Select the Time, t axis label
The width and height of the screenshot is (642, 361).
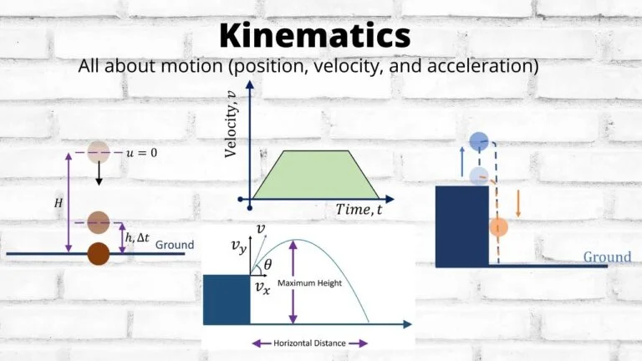(359, 210)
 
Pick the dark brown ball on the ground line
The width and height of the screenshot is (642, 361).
(99, 252)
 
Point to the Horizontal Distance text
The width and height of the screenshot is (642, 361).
(309, 343)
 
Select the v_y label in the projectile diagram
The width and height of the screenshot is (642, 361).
(241, 247)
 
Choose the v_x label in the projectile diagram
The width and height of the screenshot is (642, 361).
(262, 288)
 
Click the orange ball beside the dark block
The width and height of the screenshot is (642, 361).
(499, 226)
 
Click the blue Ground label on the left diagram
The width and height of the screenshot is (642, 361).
(175, 245)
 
